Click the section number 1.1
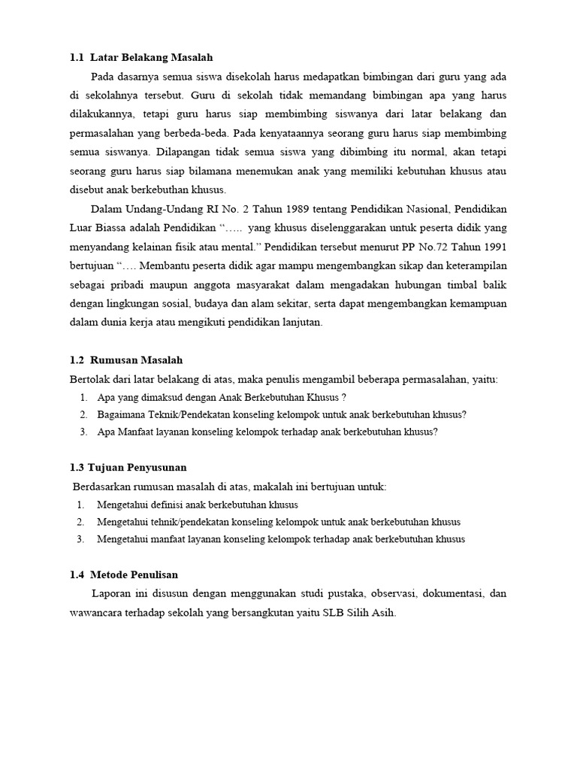[77, 57]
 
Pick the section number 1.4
[77, 575]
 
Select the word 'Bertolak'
[89, 379]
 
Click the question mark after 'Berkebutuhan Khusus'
[343, 397]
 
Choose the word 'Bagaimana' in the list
[120, 414]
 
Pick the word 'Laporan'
[111, 594]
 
